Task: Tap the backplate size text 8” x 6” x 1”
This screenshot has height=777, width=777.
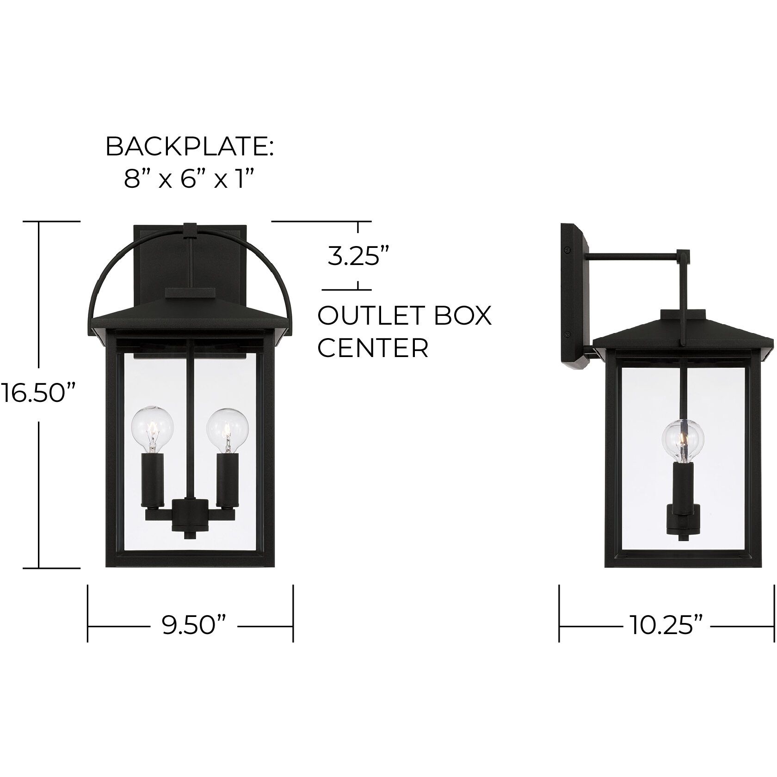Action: [189, 179]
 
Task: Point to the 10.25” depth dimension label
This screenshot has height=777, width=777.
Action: [666, 626]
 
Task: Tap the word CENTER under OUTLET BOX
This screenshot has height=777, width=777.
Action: [373, 348]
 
